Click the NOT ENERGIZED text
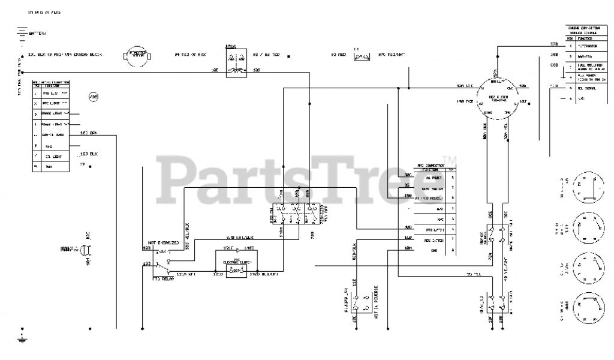[x=161, y=242]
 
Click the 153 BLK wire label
[x=89, y=154]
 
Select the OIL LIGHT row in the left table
[x=54, y=156]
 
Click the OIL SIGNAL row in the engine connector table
[x=588, y=87]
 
